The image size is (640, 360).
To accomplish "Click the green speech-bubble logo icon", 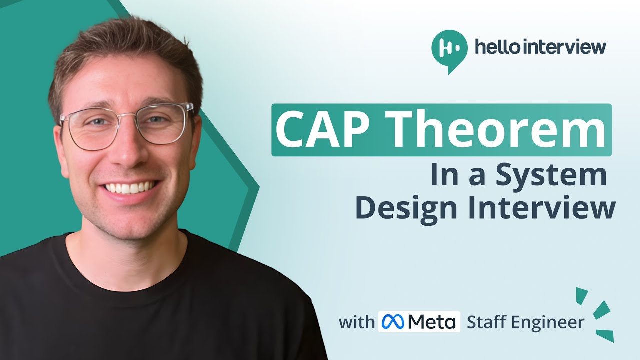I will click(x=449, y=49).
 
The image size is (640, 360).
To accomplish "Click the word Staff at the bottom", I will click(x=486, y=323).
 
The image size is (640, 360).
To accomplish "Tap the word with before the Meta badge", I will click(x=356, y=322).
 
